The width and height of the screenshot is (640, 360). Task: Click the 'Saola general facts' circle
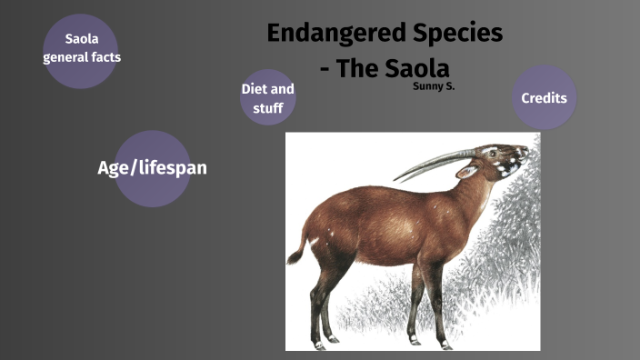[x=80, y=50]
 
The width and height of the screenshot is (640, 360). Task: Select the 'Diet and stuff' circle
[x=267, y=98]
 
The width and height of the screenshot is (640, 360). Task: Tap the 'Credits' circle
[x=544, y=97]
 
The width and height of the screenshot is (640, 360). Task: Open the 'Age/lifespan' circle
[x=152, y=168]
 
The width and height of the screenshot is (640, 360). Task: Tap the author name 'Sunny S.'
[x=434, y=88]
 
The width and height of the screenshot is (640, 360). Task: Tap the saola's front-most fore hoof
[x=445, y=345]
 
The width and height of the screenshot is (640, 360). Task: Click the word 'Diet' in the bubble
[x=255, y=89]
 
